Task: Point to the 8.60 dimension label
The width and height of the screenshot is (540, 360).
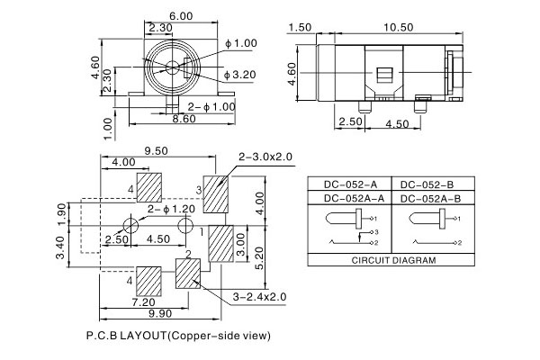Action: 184,119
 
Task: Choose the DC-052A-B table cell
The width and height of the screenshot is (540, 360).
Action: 429,198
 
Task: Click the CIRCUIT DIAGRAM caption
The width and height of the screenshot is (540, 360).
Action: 391,259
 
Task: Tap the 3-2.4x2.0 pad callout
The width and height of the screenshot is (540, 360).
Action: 260,296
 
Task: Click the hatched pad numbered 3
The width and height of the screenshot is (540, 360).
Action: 218,193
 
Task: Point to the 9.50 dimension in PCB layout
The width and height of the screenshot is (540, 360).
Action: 158,152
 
